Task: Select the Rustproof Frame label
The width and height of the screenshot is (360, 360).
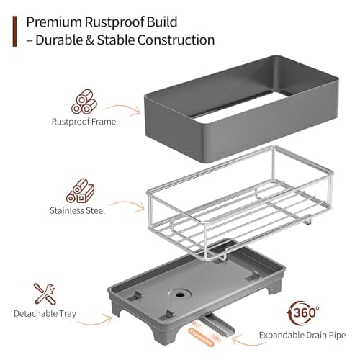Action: click(x=84, y=122)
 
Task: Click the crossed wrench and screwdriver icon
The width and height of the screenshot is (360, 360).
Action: click(x=45, y=294)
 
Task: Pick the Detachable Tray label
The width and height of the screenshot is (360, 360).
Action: click(x=45, y=315)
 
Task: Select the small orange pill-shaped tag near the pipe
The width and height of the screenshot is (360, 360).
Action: click(x=204, y=333)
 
